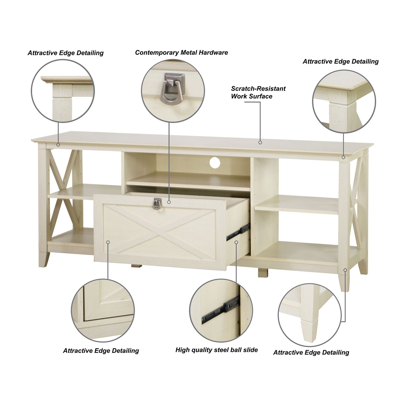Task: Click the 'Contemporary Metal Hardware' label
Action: point(181,53)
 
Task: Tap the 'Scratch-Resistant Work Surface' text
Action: point(258,92)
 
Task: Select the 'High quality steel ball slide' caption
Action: point(216,350)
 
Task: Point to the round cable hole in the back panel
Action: point(216,162)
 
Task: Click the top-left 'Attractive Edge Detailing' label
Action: point(65,53)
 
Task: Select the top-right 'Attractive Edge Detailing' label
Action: point(340,62)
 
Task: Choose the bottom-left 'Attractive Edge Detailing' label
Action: point(101,351)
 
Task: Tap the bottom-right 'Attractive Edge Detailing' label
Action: point(311,352)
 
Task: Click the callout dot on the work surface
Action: point(260,142)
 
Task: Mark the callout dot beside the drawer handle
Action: point(169,202)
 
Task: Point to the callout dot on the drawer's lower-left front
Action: point(108,242)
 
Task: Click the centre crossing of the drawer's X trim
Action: point(160,231)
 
